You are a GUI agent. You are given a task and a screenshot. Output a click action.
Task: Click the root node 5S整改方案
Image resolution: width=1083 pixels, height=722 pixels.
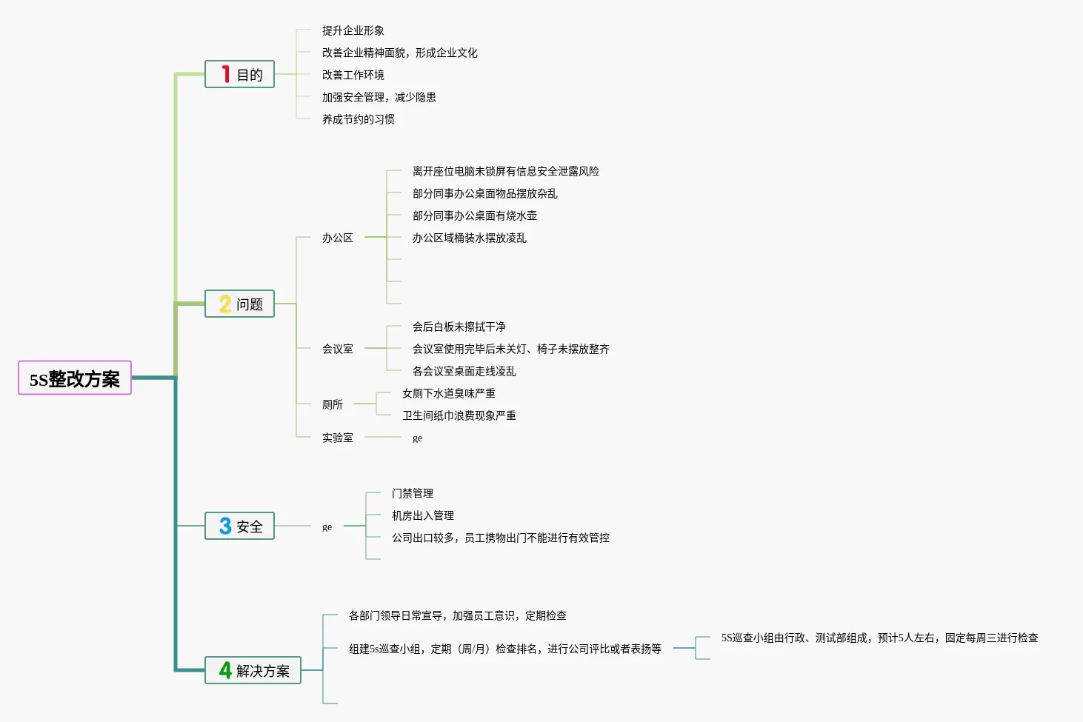(x=75, y=378)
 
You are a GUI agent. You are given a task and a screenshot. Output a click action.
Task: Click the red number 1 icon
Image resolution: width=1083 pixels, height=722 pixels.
(x=225, y=74)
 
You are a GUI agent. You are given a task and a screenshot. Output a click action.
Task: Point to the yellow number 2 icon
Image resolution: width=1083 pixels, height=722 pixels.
(x=225, y=304)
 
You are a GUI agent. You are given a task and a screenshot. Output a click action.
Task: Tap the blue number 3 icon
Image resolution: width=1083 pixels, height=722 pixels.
(x=225, y=526)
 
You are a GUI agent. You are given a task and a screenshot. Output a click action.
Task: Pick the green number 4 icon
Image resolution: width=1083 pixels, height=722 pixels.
(x=225, y=670)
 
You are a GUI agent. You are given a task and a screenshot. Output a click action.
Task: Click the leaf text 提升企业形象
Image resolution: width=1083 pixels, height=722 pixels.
(x=353, y=30)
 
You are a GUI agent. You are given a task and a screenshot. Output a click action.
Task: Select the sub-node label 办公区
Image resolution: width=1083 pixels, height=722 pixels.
(x=337, y=238)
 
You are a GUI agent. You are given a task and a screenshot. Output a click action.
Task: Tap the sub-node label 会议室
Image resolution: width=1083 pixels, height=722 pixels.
(x=337, y=349)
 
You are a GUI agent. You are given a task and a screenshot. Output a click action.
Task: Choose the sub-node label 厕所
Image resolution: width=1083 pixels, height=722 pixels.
(x=332, y=404)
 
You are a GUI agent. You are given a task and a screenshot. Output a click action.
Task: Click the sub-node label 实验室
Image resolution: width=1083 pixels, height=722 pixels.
(x=337, y=438)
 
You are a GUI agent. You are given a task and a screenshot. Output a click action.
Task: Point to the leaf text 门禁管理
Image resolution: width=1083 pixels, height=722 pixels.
(x=412, y=493)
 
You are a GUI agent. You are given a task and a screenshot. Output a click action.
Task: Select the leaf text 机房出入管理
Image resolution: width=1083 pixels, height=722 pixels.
(x=422, y=515)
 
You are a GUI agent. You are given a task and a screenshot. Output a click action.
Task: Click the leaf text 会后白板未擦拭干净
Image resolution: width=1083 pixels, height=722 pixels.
(x=459, y=327)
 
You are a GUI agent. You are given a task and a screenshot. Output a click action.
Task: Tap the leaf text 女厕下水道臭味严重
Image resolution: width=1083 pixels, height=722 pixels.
(x=448, y=393)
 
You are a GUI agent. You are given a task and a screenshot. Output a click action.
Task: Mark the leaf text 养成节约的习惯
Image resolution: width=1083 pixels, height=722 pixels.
(x=358, y=119)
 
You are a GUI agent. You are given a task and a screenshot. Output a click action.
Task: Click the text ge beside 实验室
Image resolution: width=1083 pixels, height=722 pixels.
(x=417, y=438)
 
